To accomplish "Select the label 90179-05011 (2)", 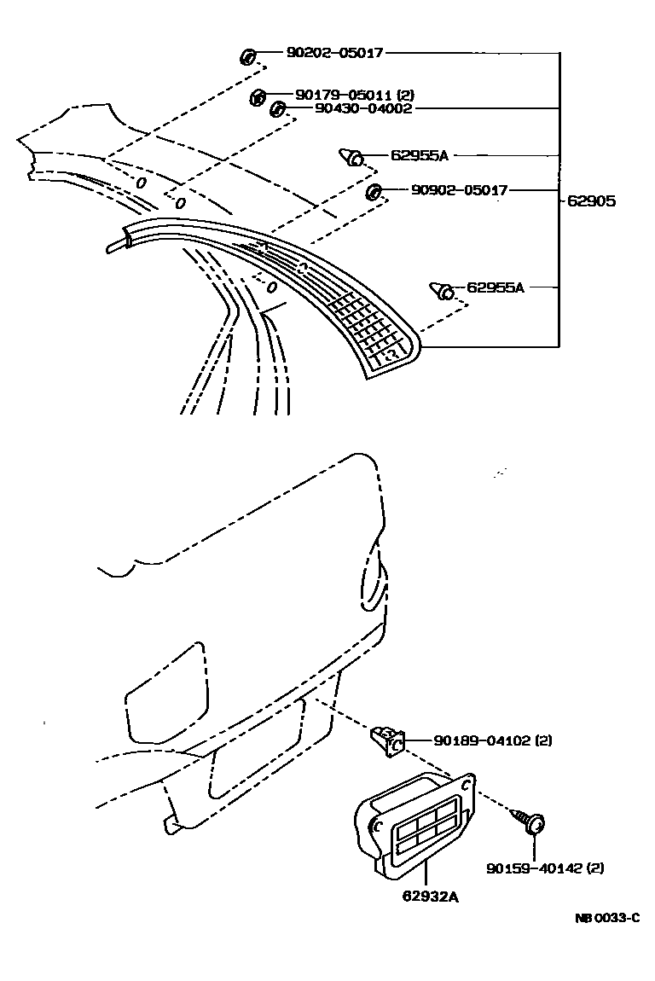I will pyautogui.click(x=355, y=96).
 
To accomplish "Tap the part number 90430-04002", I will pyautogui.click(x=363, y=109).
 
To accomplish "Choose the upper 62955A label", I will pyautogui.click(x=419, y=156).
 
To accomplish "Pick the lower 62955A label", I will pyautogui.click(x=496, y=287).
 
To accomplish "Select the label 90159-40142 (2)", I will pyautogui.click(x=546, y=868).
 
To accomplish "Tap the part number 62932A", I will pyautogui.click(x=431, y=896).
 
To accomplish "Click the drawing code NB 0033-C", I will pyautogui.click(x=606, y=918).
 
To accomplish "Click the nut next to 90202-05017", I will pyautogui.click(x=247, y=57).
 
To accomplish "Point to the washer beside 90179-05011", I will pyautogui.click(x=258, y=97).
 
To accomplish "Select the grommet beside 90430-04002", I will pyautogui.click(x=277, y=109).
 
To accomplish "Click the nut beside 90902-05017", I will pyautogui.click(x=373, y=191).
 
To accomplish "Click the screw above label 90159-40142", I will pyautogui.click(x=531, y=822).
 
